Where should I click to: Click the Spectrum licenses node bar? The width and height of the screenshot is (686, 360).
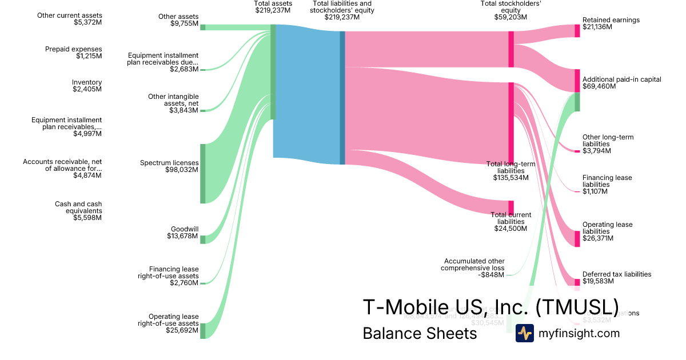click(x=202, y=174)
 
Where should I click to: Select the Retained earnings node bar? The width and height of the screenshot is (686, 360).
click(x=577, y=31)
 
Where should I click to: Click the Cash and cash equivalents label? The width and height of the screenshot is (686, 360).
click(x=78, y=211)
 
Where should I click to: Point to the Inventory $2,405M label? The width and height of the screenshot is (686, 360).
click(x=87, y=86)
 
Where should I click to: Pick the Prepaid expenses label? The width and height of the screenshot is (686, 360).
click(x=73, y=53)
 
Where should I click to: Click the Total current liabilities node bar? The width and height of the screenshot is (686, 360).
click(x=511, y=207)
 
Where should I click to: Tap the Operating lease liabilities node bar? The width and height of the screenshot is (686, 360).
click(x=577, y=238)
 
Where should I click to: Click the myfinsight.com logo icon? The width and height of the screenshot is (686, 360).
click(x=524, y=333)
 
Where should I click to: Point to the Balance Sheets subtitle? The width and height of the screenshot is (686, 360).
click(x=420, y=333)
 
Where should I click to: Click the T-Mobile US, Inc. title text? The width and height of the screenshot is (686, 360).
click(x=490, y=307)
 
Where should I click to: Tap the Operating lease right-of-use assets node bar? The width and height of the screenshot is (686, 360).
click(x=202, y=330)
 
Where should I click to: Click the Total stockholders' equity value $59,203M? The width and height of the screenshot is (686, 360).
click(x=510, y=17)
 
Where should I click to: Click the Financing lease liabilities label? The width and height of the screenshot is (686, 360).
click(x=607, y=185)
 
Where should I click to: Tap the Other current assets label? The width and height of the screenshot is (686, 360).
click(x=70, y=19)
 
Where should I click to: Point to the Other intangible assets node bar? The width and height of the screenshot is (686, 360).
click(x=202, y=110)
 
